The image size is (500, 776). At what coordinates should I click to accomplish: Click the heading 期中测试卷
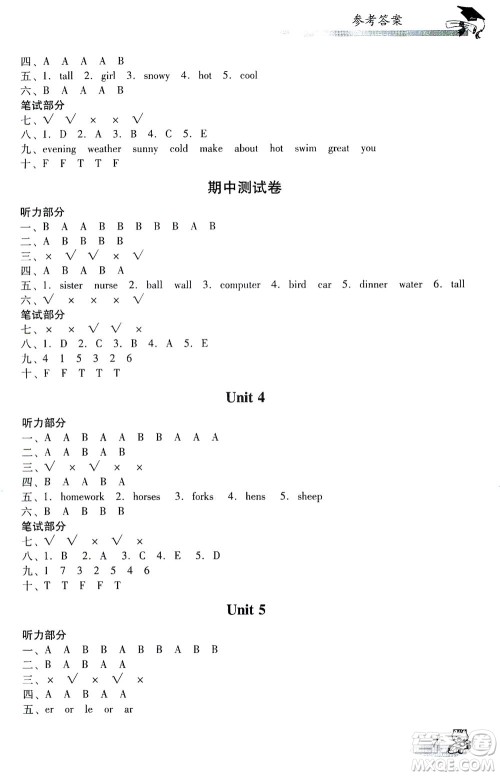(x=250, y=190)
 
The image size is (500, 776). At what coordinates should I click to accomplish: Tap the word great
(x=338, y=149)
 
